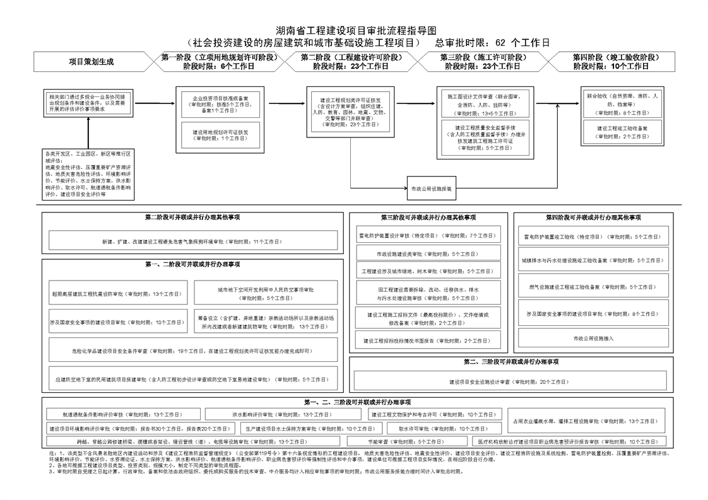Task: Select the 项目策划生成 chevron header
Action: [91, 61]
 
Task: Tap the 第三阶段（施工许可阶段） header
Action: [483, 61]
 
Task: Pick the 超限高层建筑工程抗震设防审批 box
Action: [116, 294]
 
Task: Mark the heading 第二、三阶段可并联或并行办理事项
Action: [510, 362]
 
